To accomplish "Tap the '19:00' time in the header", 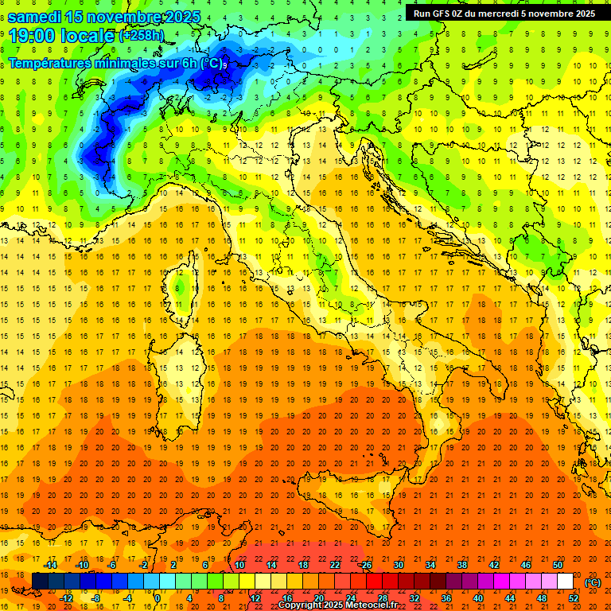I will pos(31,35).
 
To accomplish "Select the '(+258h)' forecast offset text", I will pos(142,36).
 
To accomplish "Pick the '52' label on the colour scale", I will pos(574,597).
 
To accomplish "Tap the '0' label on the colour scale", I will pos(158,597).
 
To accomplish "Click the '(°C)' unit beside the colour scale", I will pos(593,582).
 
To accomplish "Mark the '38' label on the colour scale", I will pos(461,565).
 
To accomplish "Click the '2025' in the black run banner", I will pos(581,14).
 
